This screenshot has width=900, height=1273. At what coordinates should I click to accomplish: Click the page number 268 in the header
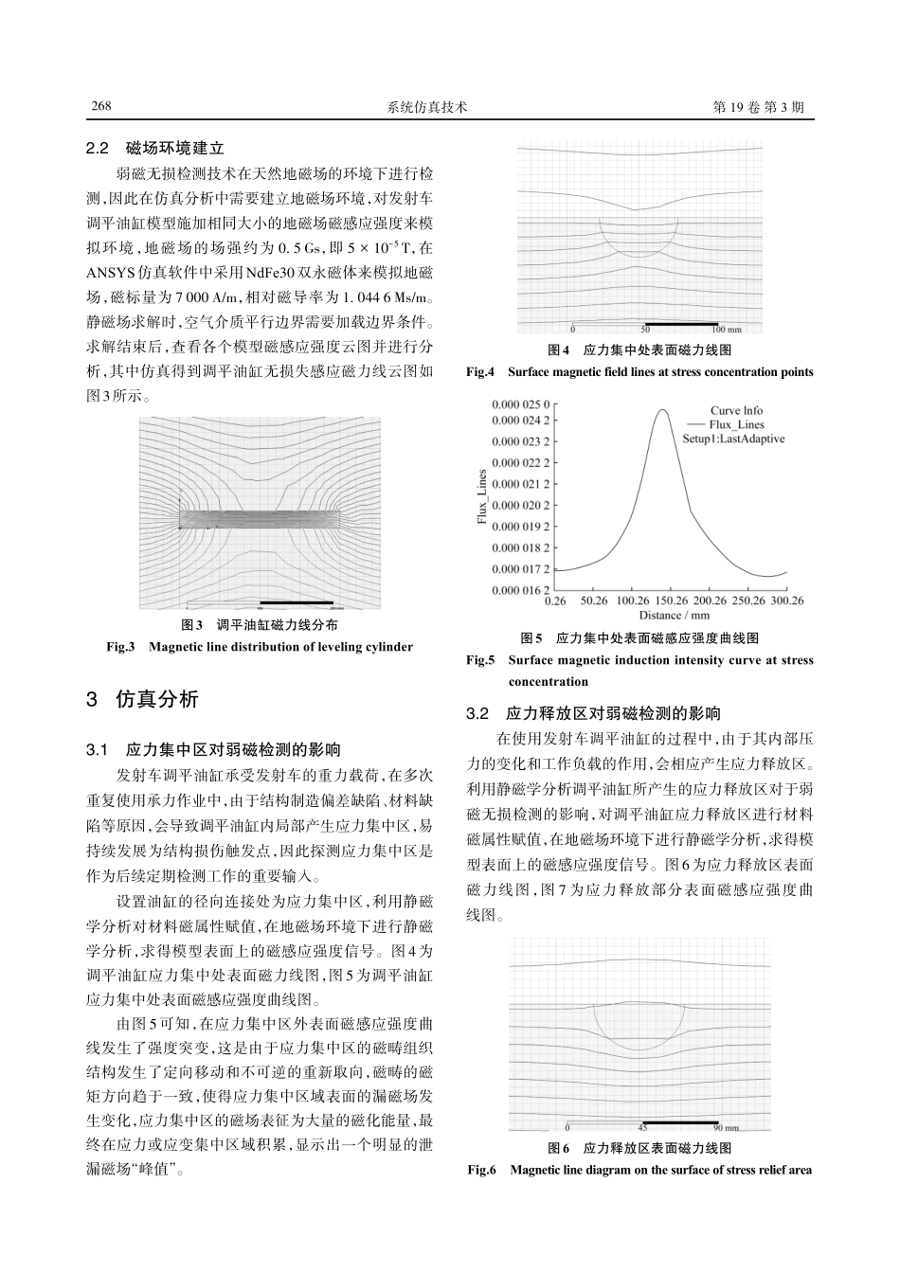101,107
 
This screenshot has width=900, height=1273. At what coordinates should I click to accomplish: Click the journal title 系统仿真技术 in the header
428,107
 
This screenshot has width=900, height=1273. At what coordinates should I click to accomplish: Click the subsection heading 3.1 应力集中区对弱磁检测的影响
213,750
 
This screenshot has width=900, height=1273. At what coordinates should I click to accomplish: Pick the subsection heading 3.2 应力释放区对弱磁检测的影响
593,713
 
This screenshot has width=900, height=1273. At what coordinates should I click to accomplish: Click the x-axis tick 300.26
785,601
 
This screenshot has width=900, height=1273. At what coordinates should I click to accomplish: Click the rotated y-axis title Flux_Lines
482,496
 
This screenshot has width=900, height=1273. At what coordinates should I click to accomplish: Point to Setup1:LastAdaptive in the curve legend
733,439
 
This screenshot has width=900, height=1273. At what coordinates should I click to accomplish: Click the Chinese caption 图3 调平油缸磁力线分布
260,625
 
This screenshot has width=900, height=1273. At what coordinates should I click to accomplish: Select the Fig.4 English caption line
640,372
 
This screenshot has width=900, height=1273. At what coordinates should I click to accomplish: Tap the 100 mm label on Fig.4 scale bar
726,330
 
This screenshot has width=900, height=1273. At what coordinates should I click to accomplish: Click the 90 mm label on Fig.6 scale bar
726,1128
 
